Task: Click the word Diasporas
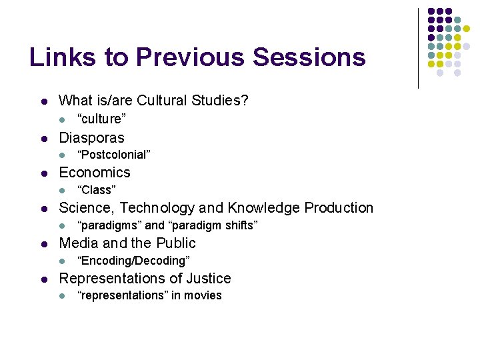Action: coord(91,137)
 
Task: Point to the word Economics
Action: coord(95,173)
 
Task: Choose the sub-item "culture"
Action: coord(101,119)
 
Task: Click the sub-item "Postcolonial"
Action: coord(114,155)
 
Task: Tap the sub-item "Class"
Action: coord(97,190)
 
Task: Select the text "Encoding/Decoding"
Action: coord(133,261)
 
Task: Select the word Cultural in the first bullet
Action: coord(163,101)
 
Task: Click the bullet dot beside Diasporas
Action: coord(43,138)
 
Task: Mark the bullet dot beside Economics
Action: coord(43,173)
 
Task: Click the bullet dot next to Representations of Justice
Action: coord(43,279)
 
